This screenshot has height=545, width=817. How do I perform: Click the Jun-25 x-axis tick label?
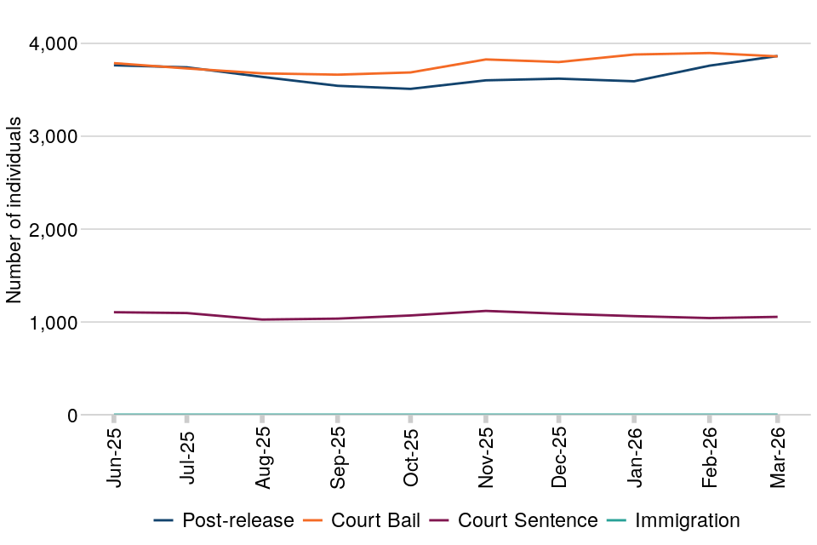[114, 458]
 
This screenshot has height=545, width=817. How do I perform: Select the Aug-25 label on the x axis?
[262, 458]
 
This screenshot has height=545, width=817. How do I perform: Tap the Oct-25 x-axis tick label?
[410, 458]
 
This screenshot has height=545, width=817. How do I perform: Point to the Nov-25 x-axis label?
[485, 458]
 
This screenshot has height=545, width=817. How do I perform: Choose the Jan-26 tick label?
[634, 458]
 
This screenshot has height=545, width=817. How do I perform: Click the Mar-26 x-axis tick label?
[777, 458]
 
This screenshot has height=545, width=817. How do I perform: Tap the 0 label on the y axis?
[72, 416]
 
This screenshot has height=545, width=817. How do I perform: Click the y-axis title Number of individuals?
[14, 209]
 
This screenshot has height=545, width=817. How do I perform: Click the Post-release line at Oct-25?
[410, 89]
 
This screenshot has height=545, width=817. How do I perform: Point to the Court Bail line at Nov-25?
[485, 60]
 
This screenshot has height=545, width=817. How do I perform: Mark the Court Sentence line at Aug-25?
[262, 319]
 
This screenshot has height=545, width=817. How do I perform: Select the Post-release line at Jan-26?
[634, 81]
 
